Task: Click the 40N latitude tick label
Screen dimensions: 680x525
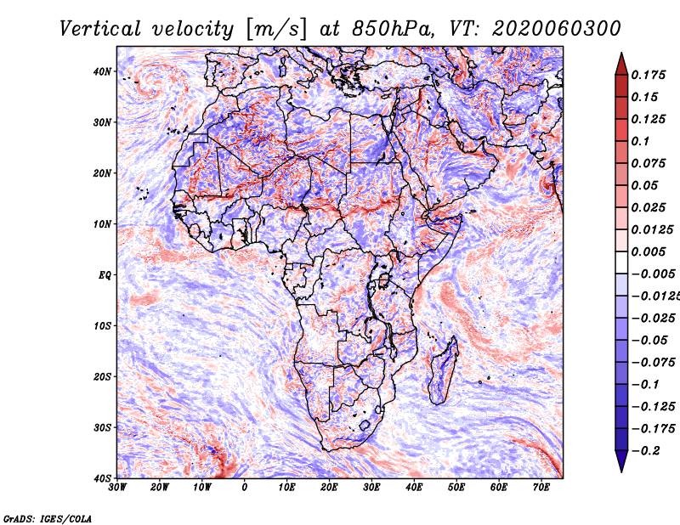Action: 102,71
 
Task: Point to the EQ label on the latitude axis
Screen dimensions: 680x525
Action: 105,275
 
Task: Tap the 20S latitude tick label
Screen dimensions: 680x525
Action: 103,376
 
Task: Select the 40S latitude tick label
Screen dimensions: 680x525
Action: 103,478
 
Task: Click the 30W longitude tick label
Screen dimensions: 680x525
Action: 117,488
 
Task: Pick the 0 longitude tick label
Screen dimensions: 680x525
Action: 245,488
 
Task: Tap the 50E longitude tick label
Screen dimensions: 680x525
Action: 456,488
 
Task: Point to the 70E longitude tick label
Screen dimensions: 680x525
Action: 541,488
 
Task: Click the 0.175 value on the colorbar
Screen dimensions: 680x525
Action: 649,75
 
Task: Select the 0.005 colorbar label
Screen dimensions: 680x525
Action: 649,251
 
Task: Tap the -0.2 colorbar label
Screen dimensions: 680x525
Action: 645,451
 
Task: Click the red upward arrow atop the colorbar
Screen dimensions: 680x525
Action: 621,64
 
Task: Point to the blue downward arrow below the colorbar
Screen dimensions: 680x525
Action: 621,461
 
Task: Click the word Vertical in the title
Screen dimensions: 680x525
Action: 100,29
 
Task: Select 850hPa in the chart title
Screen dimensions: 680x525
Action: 394,29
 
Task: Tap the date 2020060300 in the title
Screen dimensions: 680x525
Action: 557,29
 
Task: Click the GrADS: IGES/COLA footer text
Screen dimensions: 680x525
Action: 48,519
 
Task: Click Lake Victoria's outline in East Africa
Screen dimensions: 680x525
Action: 383,280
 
